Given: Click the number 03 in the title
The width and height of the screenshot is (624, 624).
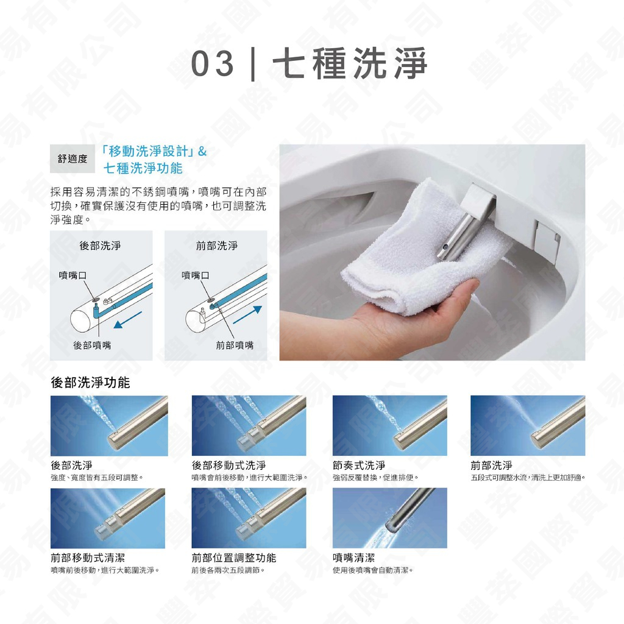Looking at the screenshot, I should click(x=213, y=64).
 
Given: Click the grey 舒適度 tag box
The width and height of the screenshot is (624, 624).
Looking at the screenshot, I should click(x=73, y=159).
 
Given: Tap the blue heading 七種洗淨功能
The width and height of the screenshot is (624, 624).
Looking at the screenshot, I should click(x=143, y=168).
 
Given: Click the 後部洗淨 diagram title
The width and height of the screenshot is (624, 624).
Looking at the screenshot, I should click(x=100, y=246).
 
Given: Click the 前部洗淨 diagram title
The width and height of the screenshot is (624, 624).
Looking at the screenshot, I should click(x=217, y=246).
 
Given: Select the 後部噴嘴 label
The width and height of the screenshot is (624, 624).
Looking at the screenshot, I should click(x=92, y=346).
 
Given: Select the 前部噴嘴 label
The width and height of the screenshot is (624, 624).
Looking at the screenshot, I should click(x=235, y=346).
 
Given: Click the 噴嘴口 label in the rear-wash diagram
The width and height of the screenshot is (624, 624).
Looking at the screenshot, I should click(x=72, y=275).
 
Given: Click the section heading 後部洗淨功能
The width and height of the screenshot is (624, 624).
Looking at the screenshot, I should click(x=90, y=383).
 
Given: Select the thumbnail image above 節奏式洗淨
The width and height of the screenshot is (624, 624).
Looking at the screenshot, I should click(x=389, y=425).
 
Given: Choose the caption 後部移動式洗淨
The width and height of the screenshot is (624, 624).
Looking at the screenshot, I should click(x=229, y=466).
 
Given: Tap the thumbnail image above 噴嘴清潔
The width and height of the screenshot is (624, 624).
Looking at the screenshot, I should click(x=389, y=518).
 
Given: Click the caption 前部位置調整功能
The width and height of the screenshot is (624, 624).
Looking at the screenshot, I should click(x=233, y=558).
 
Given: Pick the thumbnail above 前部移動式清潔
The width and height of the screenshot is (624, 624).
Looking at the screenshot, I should click(x=107, y=518).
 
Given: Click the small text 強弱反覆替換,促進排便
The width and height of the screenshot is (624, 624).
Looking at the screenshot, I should click(x=376, y=477).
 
